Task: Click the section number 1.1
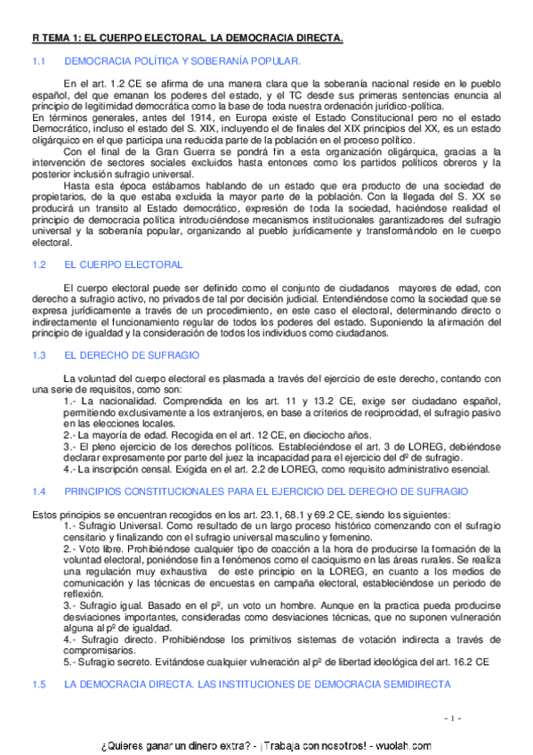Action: (38, 61)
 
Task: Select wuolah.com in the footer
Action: (402, 745)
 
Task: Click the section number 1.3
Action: (38, 354)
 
